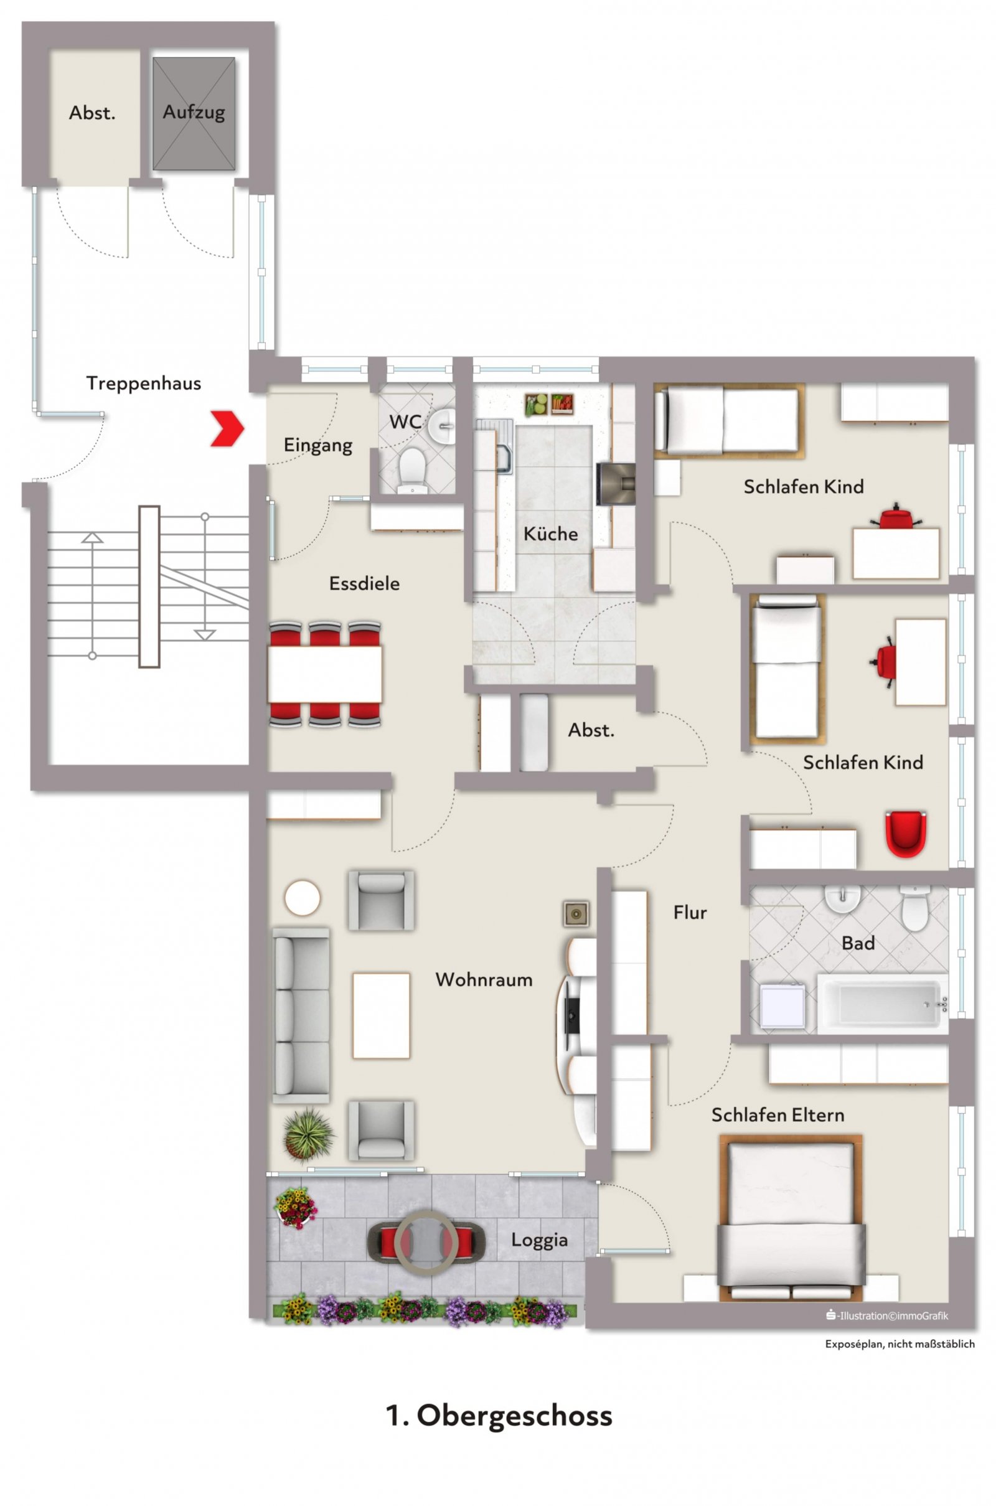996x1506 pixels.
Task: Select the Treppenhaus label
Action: pos(144,383)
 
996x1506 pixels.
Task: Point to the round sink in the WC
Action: pos(441,425)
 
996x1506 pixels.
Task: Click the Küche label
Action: pos(550,534)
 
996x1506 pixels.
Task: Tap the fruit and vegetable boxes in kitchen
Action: pos(550,404)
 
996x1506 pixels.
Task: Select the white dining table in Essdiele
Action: pos(324,674)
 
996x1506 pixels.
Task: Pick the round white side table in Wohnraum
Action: pos(303,898)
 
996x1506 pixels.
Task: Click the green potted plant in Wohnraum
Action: pos(308,1134)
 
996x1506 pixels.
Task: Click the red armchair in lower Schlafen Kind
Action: pos(906,833)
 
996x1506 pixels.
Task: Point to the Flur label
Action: pos(690,913)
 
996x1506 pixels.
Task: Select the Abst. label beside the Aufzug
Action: pos(92,113)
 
